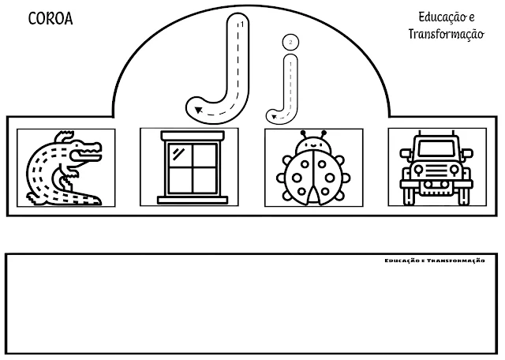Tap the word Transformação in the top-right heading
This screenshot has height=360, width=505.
point(445,36)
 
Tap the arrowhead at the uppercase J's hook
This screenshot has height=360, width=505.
point(197,110)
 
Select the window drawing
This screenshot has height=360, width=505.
point(189,167)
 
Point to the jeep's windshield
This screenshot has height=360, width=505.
point(437,148)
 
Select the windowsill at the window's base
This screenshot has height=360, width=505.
point(189,198)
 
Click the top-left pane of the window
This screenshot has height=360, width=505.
point(179,154)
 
